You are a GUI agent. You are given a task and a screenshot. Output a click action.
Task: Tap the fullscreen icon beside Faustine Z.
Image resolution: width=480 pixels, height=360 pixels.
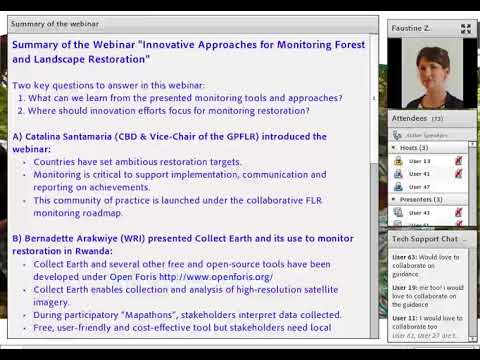tap(465, 29)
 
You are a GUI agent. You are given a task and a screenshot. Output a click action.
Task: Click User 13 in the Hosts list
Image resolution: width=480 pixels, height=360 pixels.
tap(420, 160)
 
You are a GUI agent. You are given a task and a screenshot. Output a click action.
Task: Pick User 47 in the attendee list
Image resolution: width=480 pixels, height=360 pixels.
tap(420, 186)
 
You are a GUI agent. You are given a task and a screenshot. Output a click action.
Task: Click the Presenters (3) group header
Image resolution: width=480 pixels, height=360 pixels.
tap(417, 199)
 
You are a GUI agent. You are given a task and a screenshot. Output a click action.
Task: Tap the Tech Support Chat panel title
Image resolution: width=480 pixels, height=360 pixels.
tap(425, 239)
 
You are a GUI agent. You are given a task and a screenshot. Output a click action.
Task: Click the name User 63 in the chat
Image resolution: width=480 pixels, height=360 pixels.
tap(404, 257)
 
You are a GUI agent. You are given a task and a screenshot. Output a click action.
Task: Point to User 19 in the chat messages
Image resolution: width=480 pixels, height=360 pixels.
tap(404, 287)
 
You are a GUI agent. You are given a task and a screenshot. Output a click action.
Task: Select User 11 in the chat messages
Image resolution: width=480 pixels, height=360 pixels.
tap(404, 317)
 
